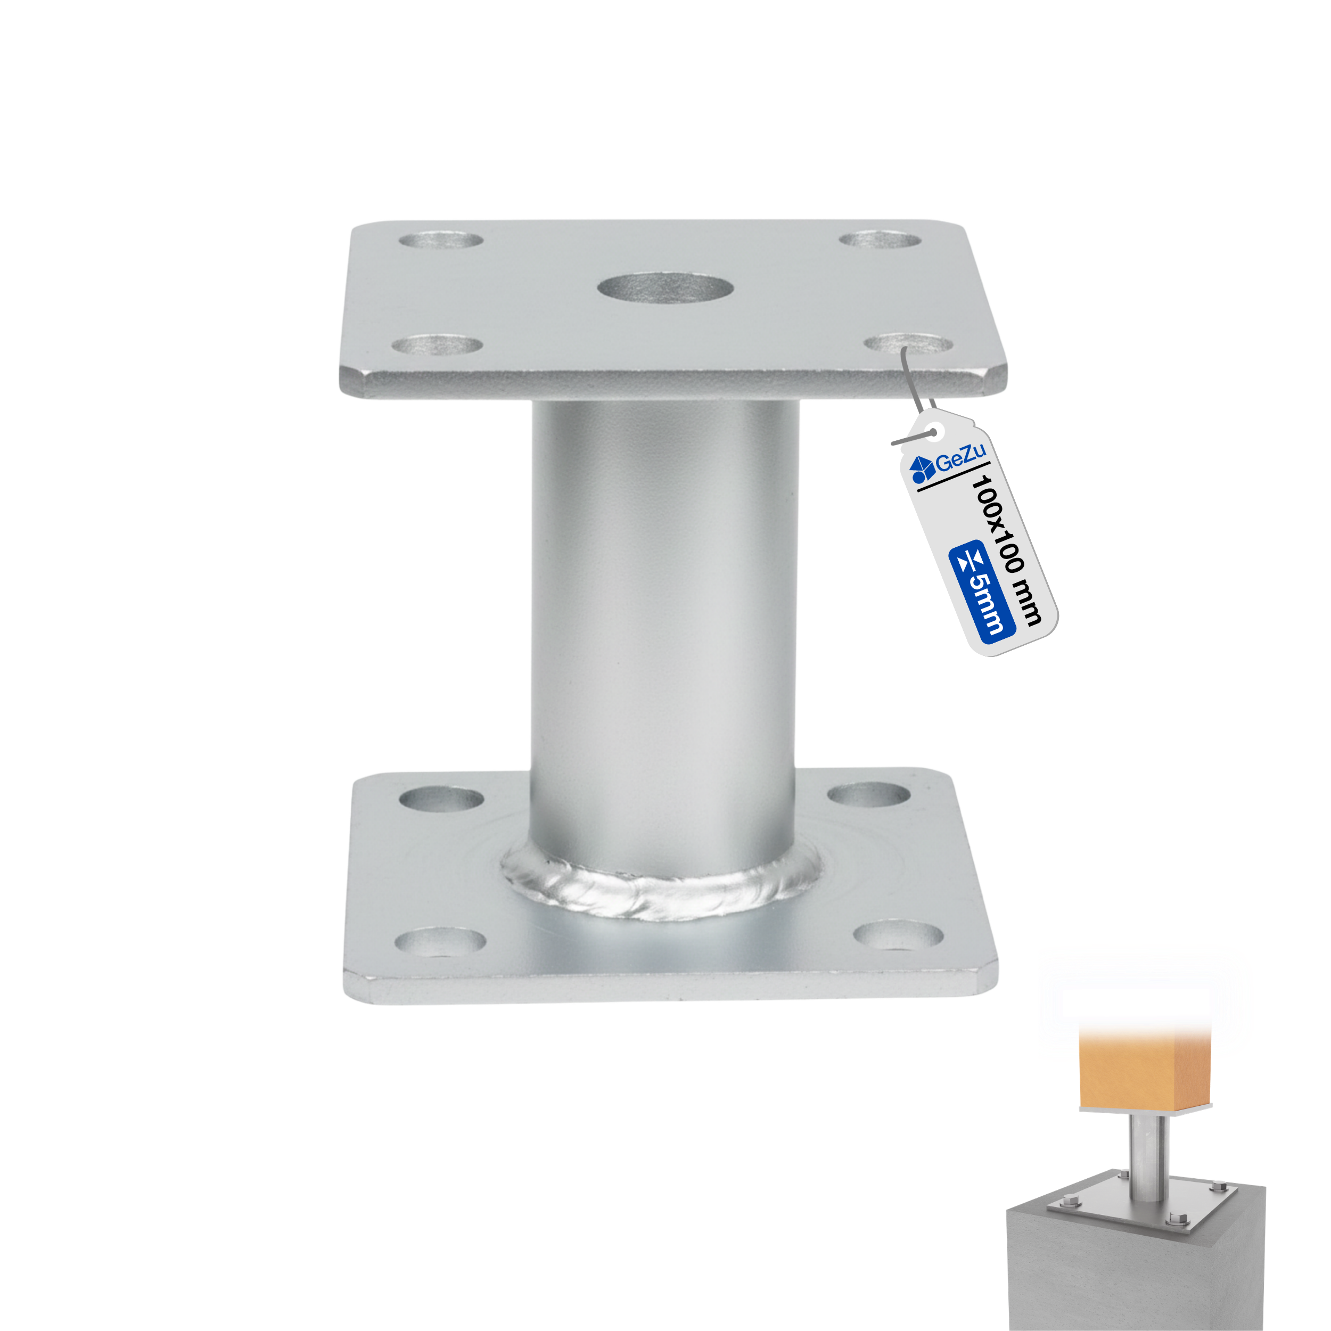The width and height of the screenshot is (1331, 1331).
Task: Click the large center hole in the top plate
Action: click(665, 288)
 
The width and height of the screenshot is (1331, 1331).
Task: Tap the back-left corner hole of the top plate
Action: click(441, 241)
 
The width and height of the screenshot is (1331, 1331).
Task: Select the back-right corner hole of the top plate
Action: click(880, 240)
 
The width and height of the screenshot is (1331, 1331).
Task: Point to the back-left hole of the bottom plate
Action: click(441, 799)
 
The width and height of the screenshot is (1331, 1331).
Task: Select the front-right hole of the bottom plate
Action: click(898, 935)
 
